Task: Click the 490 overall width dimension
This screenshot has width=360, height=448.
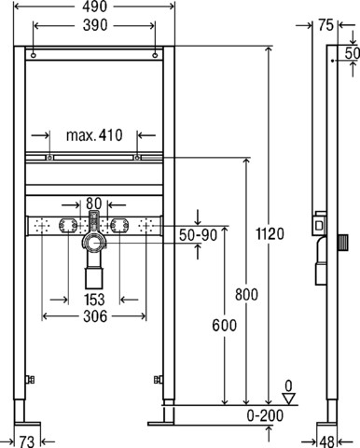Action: tap(95, 7)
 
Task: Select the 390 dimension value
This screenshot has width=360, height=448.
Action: tap(95, 25)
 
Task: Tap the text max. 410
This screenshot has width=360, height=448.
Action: tap(94, 135)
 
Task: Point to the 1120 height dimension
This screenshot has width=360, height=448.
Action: tap(270, 234)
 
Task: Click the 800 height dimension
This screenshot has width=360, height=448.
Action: tap(246, 294)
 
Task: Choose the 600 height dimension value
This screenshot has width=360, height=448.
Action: tap(225, 326)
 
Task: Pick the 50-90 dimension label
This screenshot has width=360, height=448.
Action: tap(199, 235)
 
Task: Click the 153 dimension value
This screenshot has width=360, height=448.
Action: tap(94, 300)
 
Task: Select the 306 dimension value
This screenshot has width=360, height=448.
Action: tap(95, 316)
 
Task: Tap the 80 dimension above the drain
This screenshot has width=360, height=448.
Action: tap(94, 203)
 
